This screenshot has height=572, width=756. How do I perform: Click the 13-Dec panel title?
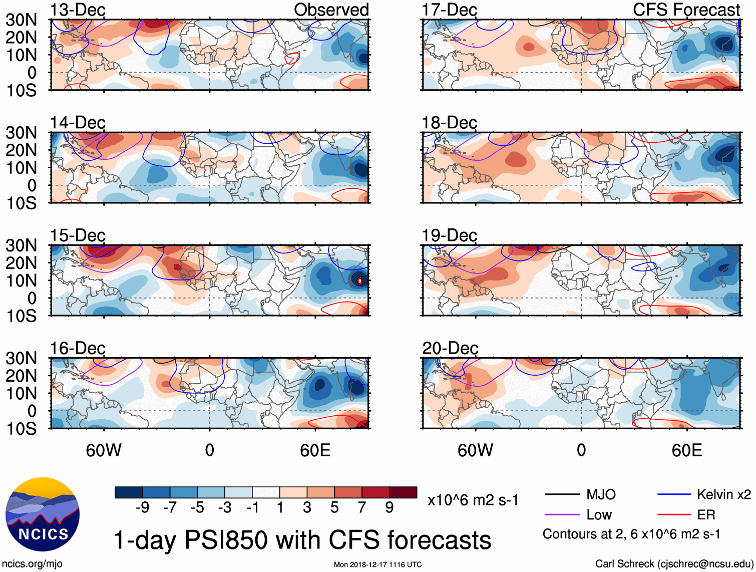pyautogui.click(x=78, y=10)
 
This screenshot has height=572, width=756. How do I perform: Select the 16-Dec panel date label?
pyautogui.click(x=78, y=348)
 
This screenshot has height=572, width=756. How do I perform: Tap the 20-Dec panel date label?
pyautogui.click(x=450, y=348)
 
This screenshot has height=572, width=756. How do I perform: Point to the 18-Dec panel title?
pyautogui.click(x=449, y=123)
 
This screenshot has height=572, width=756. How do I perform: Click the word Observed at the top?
pyautogui.click(x=331, y=10)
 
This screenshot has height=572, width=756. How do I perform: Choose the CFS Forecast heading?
pyautogui.click(x=686, y=10)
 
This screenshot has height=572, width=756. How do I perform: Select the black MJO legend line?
pyautogui.click(x=562, y=495)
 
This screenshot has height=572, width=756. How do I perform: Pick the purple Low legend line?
pyautogui.click(x=562, y=515)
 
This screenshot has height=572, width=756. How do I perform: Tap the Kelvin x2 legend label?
pyautogui.click(x=723, y=495)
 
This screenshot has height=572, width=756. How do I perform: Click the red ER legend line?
pyautogui.click(x=674, y=515)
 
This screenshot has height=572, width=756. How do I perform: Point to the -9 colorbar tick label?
pyautogui.click(x=142, y=508)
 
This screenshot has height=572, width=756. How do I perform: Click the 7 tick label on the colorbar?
pyautogui.click(x=362, y=508)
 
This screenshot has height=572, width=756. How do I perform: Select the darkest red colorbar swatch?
pyautogui.click(x=403, y=492)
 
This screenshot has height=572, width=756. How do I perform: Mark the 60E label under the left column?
pyautogui.click(x=315, y=450)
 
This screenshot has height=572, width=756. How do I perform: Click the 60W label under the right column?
pyautogui.click(x=475, y=450)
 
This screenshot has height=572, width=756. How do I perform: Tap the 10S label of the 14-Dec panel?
pyautogui.click(x=21, y=203)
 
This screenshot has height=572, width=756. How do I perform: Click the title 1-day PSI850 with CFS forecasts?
pyautogui.click(x=302, y=540)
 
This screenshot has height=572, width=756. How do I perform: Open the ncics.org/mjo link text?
pyautogui.click(x=32, y=563)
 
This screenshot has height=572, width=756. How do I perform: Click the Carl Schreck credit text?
pyautogui.click(x=674, y=563)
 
